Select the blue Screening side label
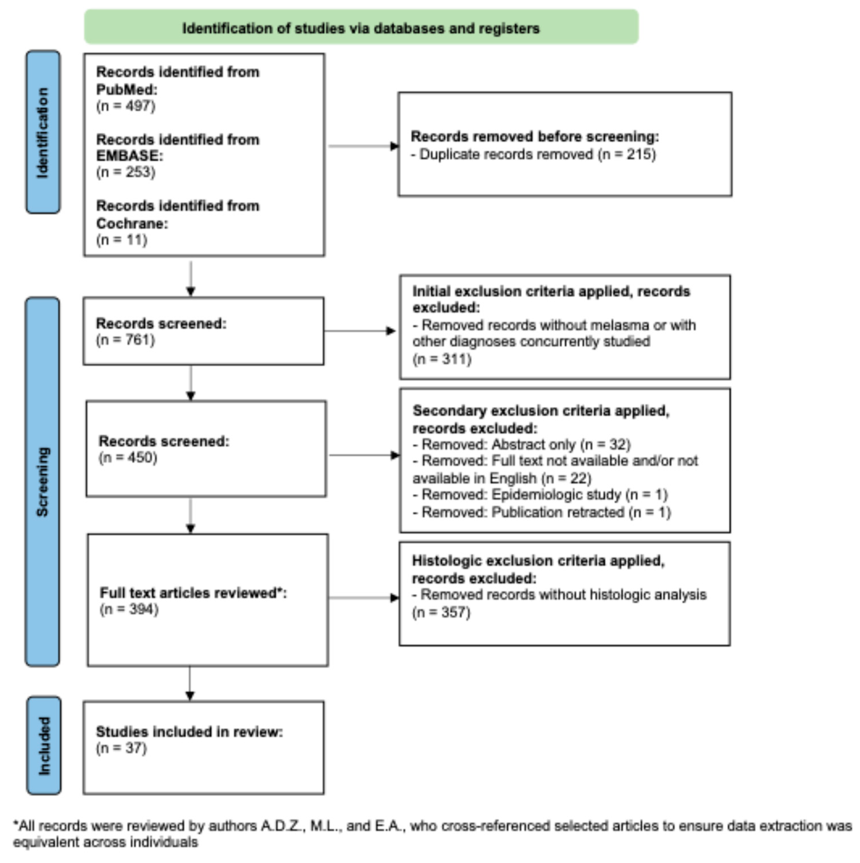[42, 481]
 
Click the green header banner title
[361, 28]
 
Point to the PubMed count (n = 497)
[126, 106]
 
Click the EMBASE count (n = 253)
[126, 172]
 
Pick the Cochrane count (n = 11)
[122, 240]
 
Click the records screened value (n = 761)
[126, 340]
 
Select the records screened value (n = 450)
[128, 458]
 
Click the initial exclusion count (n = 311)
[442, 359]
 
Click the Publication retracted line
[541, 512]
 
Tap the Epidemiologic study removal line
[540, 495]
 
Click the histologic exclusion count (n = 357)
[441, 612]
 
